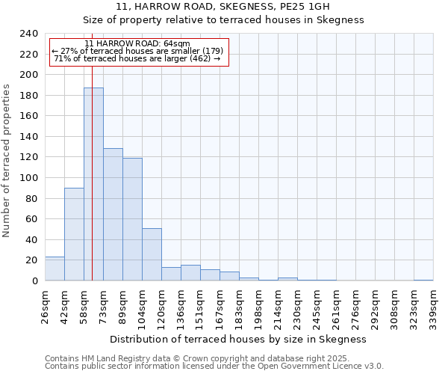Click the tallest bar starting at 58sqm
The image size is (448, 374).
93,184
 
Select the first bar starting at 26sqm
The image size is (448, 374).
55,269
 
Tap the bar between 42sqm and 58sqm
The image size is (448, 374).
74,234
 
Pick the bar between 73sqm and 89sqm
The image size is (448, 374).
113,215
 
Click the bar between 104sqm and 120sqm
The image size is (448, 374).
152,254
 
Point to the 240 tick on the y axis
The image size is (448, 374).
29,34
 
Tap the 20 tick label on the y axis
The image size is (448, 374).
32,260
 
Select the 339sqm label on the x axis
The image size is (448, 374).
433,306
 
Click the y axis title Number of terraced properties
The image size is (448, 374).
7,160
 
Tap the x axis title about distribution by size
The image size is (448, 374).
243,339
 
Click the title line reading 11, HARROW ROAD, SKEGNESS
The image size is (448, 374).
223,7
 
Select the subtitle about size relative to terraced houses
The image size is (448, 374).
223,20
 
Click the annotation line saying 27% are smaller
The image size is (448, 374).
137,51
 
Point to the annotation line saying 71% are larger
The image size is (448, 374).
137,58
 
